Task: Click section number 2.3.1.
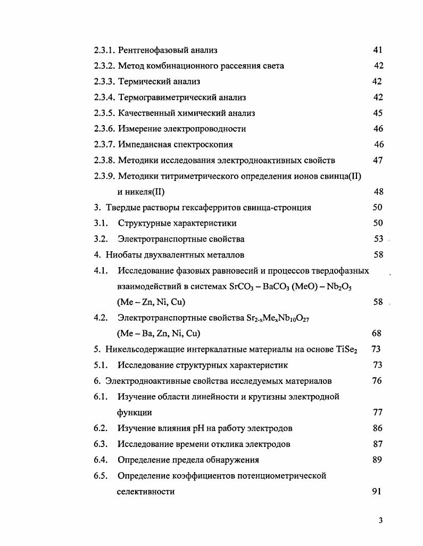point(104,51)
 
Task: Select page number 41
point(378,51)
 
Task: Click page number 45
point(378,113)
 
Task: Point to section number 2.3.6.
point(104,129)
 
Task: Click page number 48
point(378,192)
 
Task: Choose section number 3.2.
point(101,239)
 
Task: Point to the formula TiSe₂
point(345,350)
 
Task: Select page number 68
point(376,334)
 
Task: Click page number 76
point(377,381)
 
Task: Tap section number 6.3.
point(101,444)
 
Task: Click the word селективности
point(146,492)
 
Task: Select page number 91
point(376,492)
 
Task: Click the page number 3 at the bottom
point(380,520)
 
